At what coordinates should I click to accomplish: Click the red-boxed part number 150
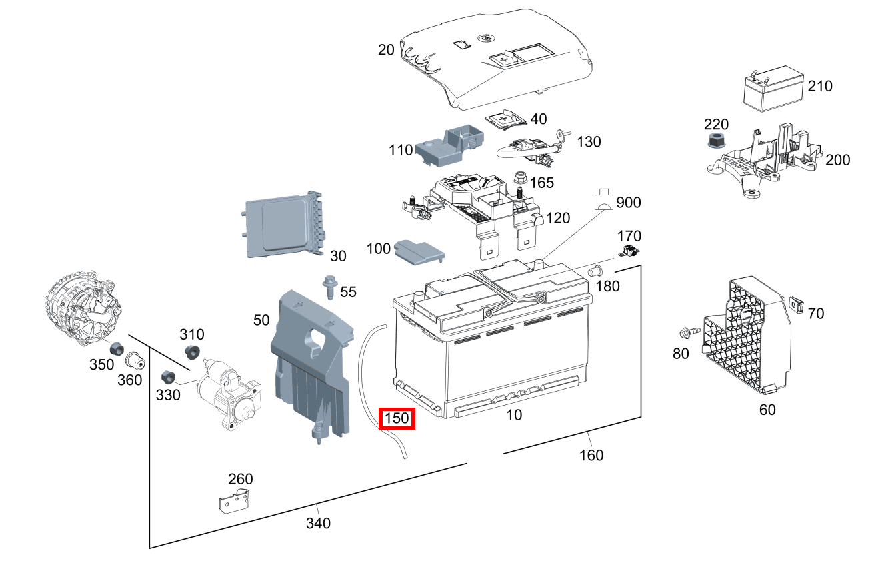[x=397, y=420]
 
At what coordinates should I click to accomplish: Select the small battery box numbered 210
[x=773, y=87]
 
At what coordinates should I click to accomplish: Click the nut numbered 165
[x=521, y=179]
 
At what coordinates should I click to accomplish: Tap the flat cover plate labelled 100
[x=418, y=252]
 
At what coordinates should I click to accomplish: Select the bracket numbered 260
[x=234, y=500]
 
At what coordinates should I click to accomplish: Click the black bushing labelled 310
[x=193, y=353]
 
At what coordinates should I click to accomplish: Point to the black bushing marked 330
[x=168, y=376]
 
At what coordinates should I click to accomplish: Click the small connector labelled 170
[x=629, y=252]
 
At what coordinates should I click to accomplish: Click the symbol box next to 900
[x=604, y=200]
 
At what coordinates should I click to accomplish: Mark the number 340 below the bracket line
[x=318, y=523]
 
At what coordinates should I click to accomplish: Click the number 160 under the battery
[x=591, y=455]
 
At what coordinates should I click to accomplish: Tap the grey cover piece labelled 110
[x=448, y=143]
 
